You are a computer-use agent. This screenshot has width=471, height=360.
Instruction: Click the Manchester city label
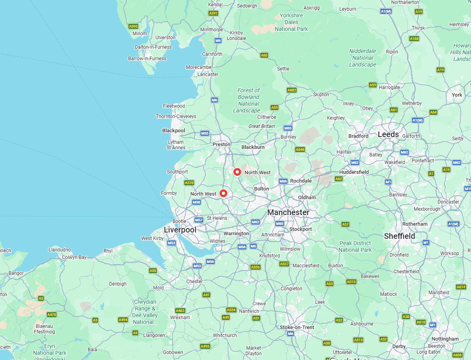pyautogui.click(x=288, y=212)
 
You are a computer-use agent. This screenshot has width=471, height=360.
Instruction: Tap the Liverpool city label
pyautogui.click(x=180, y=230)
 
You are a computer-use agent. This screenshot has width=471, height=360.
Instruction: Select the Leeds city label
pyautogui.click(x=388, y=134)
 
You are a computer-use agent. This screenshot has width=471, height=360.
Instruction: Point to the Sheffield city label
pyautogui.click(x=399, y=236)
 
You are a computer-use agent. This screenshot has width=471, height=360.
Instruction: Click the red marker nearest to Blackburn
pyautogui.click(x=237, y=172)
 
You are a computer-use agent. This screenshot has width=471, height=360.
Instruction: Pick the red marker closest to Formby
pyautogui.click(x=223, y=193)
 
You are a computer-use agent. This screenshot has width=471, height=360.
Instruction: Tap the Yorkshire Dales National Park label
pyautogui.click(x=291, y=22)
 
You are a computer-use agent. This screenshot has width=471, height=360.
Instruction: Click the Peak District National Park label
pyautogui.click(x=355, y=246)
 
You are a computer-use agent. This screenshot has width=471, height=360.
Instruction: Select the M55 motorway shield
pyautogui.click(x=204, y=133)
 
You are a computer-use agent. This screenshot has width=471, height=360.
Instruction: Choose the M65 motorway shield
pyautogui.click(x=288, y=128)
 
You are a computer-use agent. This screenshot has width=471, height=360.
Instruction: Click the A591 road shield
pyautogui.click(x=213, y=13)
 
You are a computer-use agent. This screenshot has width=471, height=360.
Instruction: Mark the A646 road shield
pyautogui.click(x=300, y=149)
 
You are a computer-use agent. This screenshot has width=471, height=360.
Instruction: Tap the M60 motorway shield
pyautogui.click(x=280, y=224)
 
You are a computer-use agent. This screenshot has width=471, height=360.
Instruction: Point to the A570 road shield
pyautogui.click(x=189, y=183)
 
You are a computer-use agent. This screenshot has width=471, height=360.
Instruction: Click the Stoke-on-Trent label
pyautogui.click(x=297, y=327)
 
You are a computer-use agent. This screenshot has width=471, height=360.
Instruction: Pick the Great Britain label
pyautogui.click(x=261, y=126)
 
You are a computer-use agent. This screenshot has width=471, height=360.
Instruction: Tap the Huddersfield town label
pyautogui.click(x=354, y=172)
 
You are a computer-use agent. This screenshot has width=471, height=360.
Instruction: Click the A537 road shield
pyautogui.click(x=284, y=264)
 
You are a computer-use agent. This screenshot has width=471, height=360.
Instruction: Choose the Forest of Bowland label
pyautogui.click(x=248, y=100)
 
